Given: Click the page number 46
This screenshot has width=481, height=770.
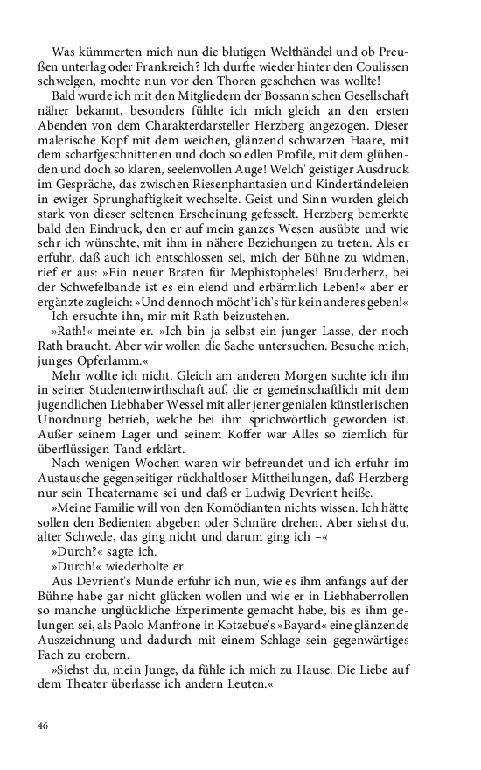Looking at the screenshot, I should (43, 725).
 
